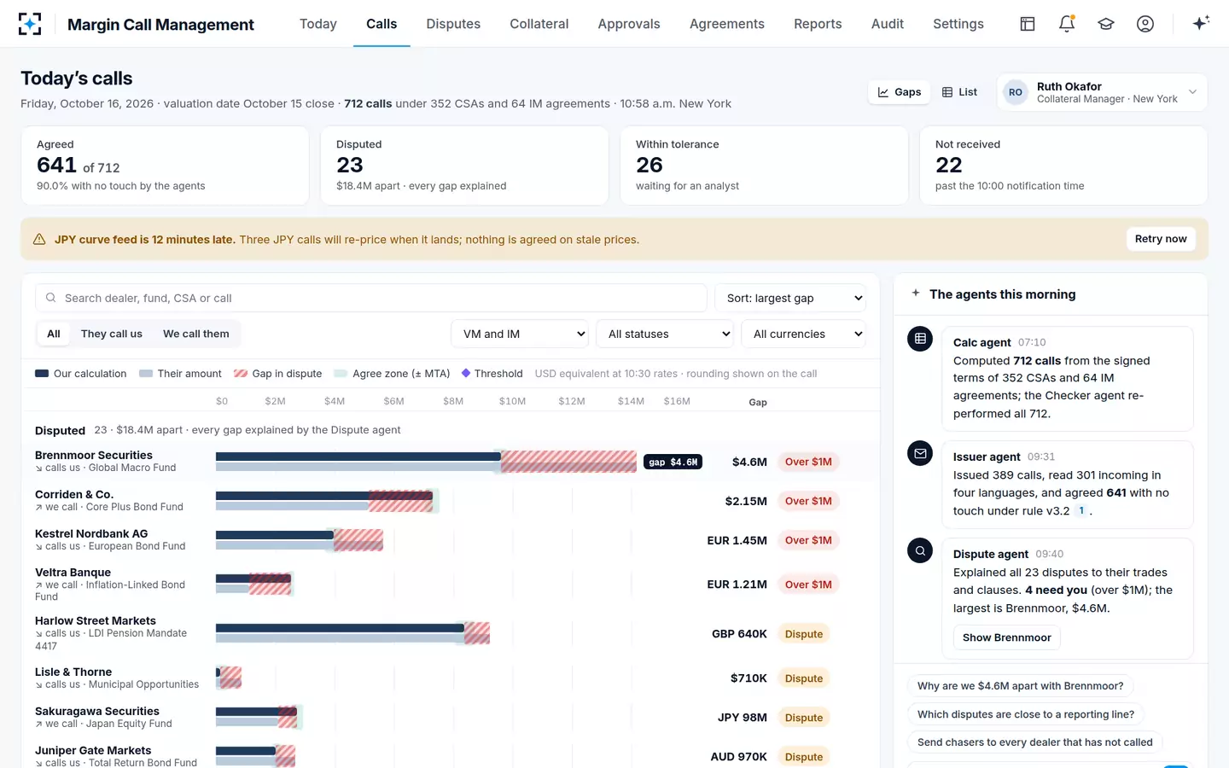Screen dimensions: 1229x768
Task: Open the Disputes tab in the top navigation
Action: point(453,24)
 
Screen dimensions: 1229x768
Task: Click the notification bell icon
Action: point(1067,24)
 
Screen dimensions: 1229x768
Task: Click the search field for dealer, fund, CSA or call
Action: point(371,298)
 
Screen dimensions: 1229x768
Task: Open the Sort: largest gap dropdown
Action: point(790,298)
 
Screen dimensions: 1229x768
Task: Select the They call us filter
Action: point(111,334)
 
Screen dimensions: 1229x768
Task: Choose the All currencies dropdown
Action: point(803,334)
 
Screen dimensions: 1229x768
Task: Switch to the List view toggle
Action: point(959,91)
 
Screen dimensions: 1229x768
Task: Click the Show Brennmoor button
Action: point(1006,637)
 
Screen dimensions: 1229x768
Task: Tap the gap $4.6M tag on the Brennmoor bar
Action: point(673,462)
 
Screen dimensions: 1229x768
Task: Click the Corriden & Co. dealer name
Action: point(74,494)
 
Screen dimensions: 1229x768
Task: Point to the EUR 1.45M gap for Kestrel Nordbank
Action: point(737,540)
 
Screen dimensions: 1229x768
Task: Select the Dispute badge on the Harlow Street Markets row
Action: point(803,633)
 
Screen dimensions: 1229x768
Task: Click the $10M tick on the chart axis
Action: point(512,401)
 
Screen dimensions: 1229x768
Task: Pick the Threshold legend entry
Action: point(492,374)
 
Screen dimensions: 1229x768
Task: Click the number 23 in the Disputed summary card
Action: point(350,166)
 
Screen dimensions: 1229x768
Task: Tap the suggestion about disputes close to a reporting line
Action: point(1026,714)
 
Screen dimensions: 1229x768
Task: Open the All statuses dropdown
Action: point(664,334)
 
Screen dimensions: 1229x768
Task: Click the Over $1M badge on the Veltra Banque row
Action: point(807,585)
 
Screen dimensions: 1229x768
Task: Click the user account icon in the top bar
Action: point(1145,24)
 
